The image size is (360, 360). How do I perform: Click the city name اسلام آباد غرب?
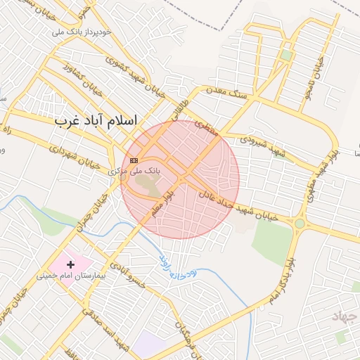[96, 120]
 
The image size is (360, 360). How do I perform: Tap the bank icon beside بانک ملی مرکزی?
[134, 161]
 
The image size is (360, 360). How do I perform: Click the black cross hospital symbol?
[70, 264]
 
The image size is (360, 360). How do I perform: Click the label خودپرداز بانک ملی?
[82, 32]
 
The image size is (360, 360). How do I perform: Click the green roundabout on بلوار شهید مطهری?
[300, 224]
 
